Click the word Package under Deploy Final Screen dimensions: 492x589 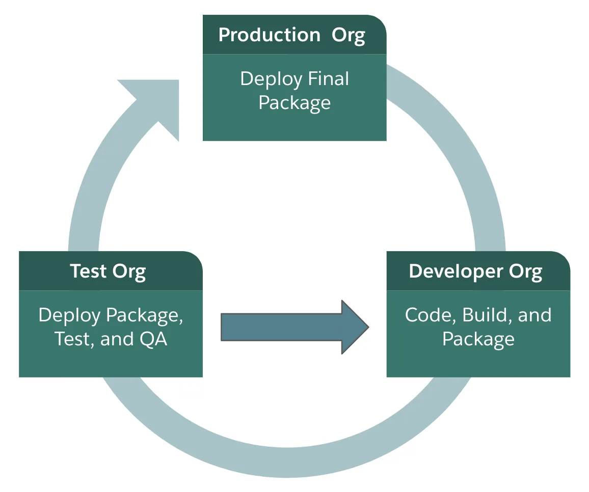pyautogui.click(x=294, y=103)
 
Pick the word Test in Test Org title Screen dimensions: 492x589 pyautogui.click(x=88, y=271)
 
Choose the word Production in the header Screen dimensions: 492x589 pyautogui.click(x=269, y=35)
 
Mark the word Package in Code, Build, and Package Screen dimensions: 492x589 pyautogui.click(x=478, y=339)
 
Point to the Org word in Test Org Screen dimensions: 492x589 pyautogui.click(x=129, y=271)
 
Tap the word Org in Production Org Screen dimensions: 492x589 pyautogui.click(x=349, y=35)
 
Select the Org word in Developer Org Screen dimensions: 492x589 pyautogui.click(x=525, y=271)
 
